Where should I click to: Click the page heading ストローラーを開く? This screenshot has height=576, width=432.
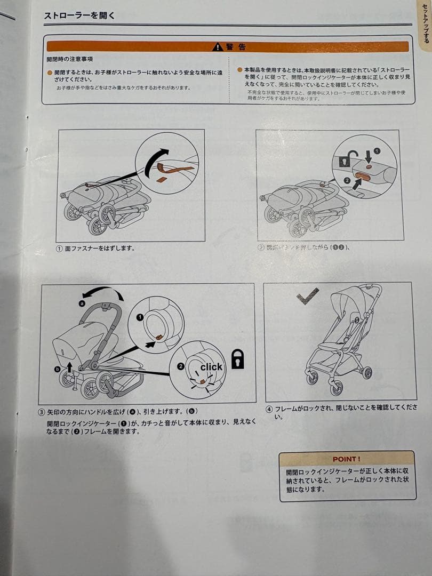79,15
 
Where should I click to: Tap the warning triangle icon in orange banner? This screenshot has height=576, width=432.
217,47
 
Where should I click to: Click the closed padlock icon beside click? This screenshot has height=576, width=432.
237,360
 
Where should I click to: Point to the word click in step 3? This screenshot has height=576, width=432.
211,367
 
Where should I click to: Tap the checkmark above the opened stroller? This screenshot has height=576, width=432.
308,296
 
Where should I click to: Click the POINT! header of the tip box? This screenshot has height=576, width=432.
346,459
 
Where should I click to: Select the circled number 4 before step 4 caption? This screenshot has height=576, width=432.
269,409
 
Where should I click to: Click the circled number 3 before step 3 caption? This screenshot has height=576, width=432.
42,412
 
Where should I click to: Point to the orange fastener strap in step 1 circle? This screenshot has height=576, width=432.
172,171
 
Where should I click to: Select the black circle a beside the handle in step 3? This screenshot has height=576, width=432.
82,303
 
